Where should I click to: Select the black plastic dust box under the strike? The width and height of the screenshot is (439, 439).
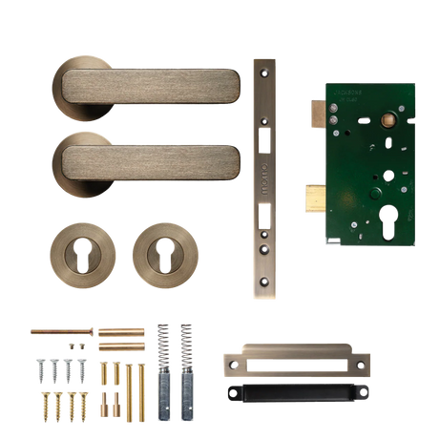point(291,392)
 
